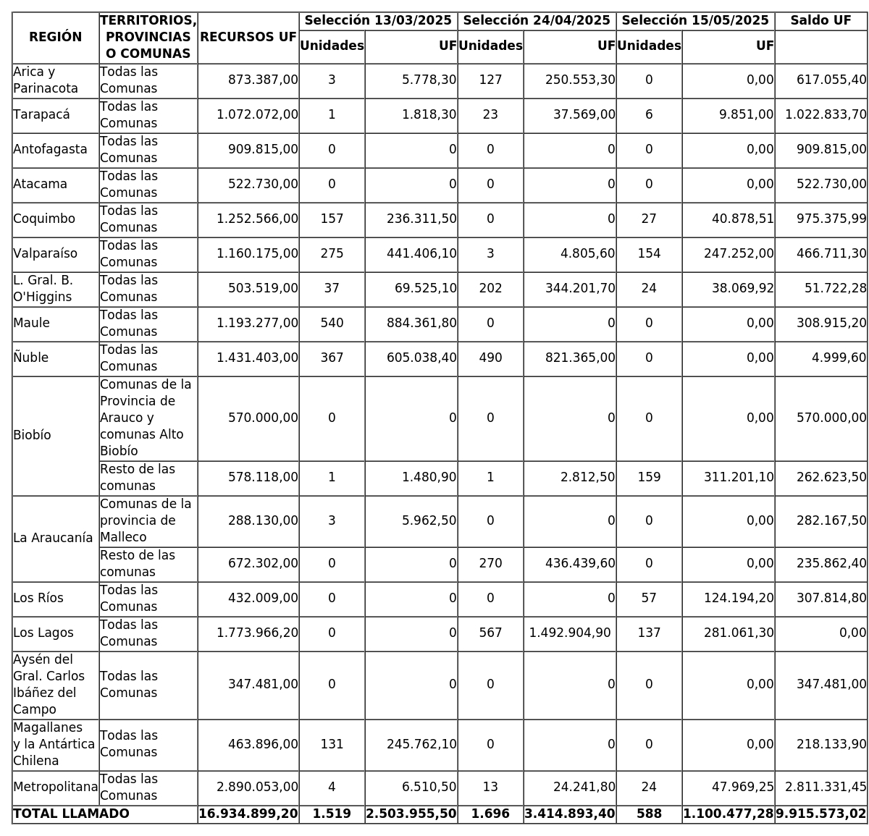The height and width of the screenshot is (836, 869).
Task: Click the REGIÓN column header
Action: click(55, 38)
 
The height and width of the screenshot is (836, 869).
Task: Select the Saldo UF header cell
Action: click(820, 21)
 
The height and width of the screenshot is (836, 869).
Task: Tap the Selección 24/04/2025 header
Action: click(537, 21)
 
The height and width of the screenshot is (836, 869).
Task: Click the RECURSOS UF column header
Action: click(248, 38)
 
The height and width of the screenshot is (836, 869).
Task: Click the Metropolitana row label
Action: click(55, 788)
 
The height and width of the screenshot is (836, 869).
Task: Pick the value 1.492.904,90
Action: click(570, 633)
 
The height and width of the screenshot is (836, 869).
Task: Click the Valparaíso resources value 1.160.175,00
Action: click(257, 254)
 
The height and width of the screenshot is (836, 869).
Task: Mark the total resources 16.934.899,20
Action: click(248, 814)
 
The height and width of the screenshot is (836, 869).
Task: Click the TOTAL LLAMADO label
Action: click(71, 814)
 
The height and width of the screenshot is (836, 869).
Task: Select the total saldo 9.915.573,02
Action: click(821, 814)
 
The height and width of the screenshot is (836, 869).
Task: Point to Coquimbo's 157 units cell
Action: click(332, 219)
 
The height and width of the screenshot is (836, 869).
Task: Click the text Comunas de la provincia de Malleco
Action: click(146, 521)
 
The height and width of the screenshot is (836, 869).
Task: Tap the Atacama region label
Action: click(40, 185)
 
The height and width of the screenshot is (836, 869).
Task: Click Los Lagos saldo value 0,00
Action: click(853, 633)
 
